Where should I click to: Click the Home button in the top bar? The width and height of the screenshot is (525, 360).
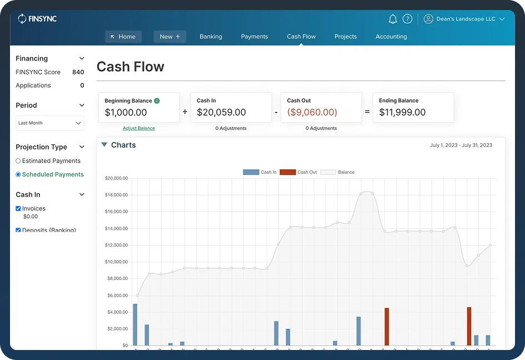click(x=123, y=37)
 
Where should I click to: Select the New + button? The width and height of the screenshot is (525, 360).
click(x=169, y=37)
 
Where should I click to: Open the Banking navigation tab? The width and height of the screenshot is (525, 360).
click(x=211, y=37)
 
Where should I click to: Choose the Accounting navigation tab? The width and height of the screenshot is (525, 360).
click(x=391, y=37)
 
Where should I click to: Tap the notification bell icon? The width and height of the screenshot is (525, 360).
click(x=393, y=19)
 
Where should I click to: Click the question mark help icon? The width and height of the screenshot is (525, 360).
click(x=407, y=19)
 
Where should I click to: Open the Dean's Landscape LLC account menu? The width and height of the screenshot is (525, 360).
click(x=464, y=19)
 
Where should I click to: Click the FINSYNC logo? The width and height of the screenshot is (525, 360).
click(x=37, y=19)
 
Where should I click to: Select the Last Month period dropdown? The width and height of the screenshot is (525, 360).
click(x=49, y=123)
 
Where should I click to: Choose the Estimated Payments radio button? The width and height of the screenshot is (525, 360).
click(x=18, y=161)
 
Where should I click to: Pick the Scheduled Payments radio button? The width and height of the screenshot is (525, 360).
click(x=18, y=174)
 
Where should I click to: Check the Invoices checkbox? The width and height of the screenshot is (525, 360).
click(x=18, y=209)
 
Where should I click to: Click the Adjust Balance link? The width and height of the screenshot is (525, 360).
click(x=139, y=128)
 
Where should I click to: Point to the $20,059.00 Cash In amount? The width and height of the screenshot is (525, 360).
click(x=221, y=112)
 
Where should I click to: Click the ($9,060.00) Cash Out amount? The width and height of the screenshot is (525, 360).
click(x=312, y=112)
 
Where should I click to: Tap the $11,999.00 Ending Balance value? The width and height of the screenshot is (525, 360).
click(x=402, y=112)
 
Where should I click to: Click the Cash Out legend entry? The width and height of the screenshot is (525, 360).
click(x=298, y=172)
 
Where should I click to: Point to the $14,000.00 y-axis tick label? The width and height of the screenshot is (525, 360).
click(x=116, y=228)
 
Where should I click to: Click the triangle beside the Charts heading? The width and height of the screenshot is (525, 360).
click(x=104, y=145)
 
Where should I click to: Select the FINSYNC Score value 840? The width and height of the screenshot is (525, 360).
click(x=78, y=72)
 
